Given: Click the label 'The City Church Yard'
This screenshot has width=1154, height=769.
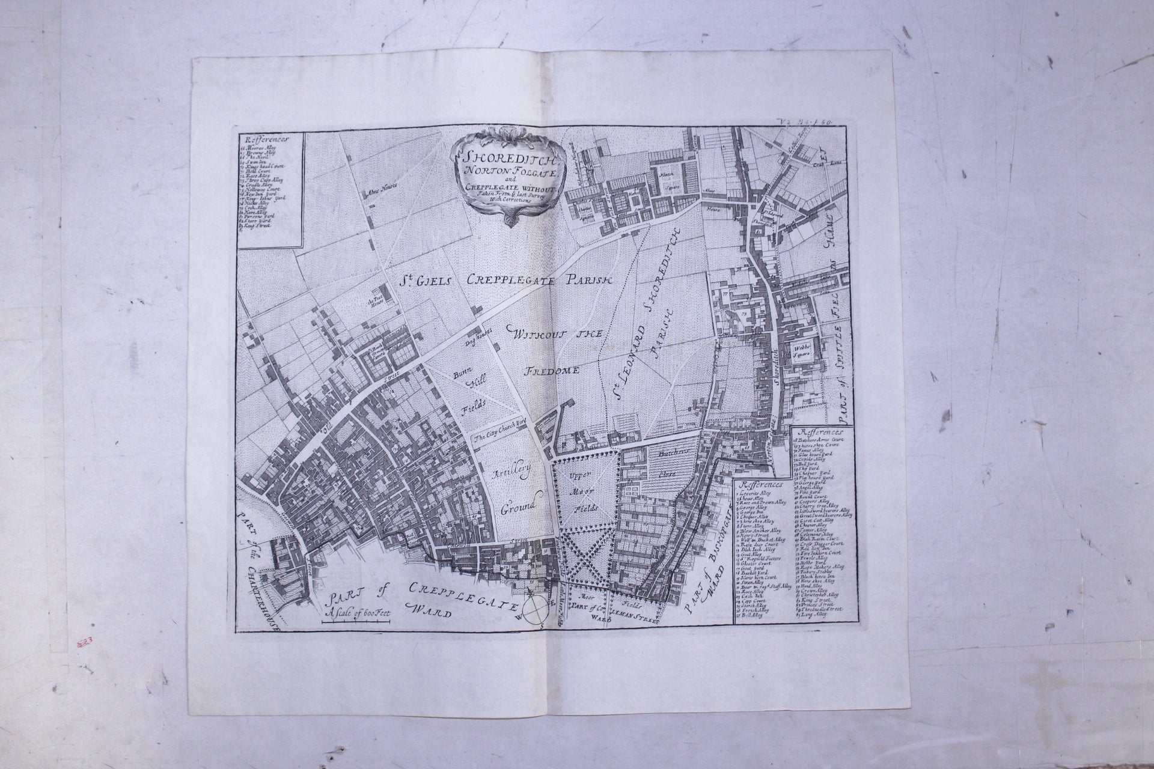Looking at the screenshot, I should pyautogui.click(x=498, y=438).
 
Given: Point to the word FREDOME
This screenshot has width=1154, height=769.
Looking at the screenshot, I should pyautogui.click(x=552, y=370).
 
